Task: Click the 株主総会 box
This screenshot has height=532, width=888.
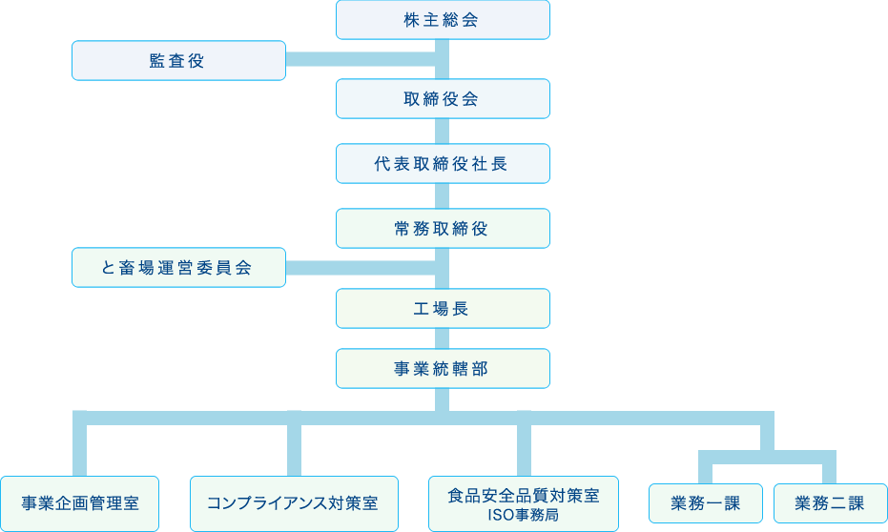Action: click(443, 20)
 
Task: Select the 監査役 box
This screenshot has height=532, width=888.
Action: click(178, 60)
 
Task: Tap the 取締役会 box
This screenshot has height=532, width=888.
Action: click(443, 98)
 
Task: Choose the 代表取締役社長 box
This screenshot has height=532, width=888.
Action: click(443, 163)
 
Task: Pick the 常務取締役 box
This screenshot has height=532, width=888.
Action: click(443, 228)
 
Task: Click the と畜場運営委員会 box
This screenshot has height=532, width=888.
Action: click(178, 267)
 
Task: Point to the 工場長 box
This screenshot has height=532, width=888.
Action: click(443, 308)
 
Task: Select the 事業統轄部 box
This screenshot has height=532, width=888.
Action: click(443, 368)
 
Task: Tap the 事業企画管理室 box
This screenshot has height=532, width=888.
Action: click(80, 503)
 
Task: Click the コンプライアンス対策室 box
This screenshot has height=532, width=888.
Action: click(293, 503)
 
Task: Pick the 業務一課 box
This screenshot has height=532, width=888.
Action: click(706, 503)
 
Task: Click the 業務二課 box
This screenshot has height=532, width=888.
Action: click(829, 503)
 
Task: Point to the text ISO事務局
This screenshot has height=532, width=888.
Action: click(524, 515)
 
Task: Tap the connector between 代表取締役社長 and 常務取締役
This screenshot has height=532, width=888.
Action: click(443, 195)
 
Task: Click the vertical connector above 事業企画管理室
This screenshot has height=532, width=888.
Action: click(79, 446)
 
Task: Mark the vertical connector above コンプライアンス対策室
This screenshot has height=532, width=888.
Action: click(294, 446)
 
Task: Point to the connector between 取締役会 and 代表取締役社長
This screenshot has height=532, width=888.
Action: click(443, 131)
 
